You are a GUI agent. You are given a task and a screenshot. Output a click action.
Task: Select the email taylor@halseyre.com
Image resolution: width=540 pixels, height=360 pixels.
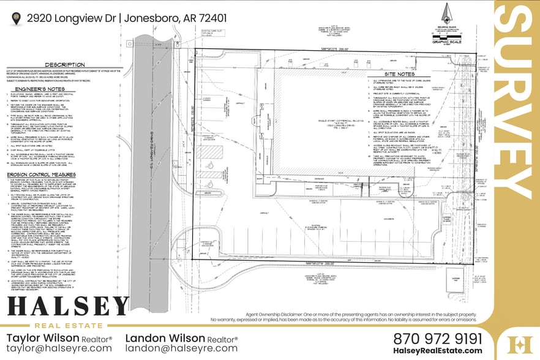point(59,348)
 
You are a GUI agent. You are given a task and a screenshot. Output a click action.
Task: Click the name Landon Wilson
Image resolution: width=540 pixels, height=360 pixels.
point(164,338)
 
